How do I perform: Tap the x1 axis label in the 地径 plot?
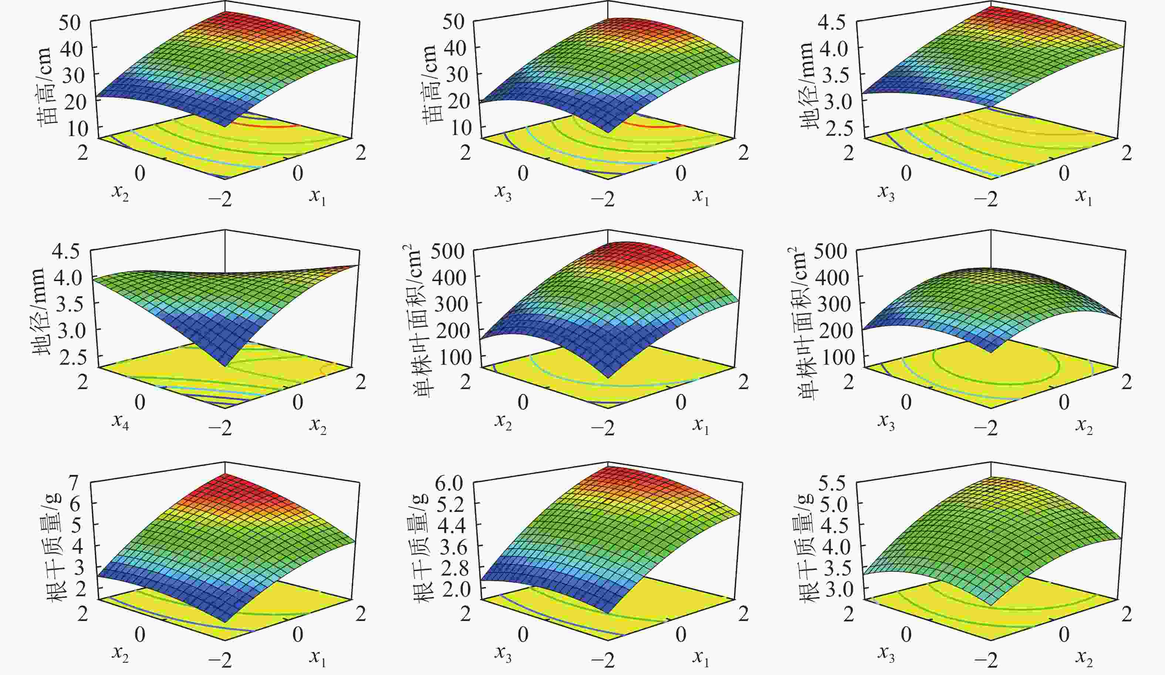click(1084, 198)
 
